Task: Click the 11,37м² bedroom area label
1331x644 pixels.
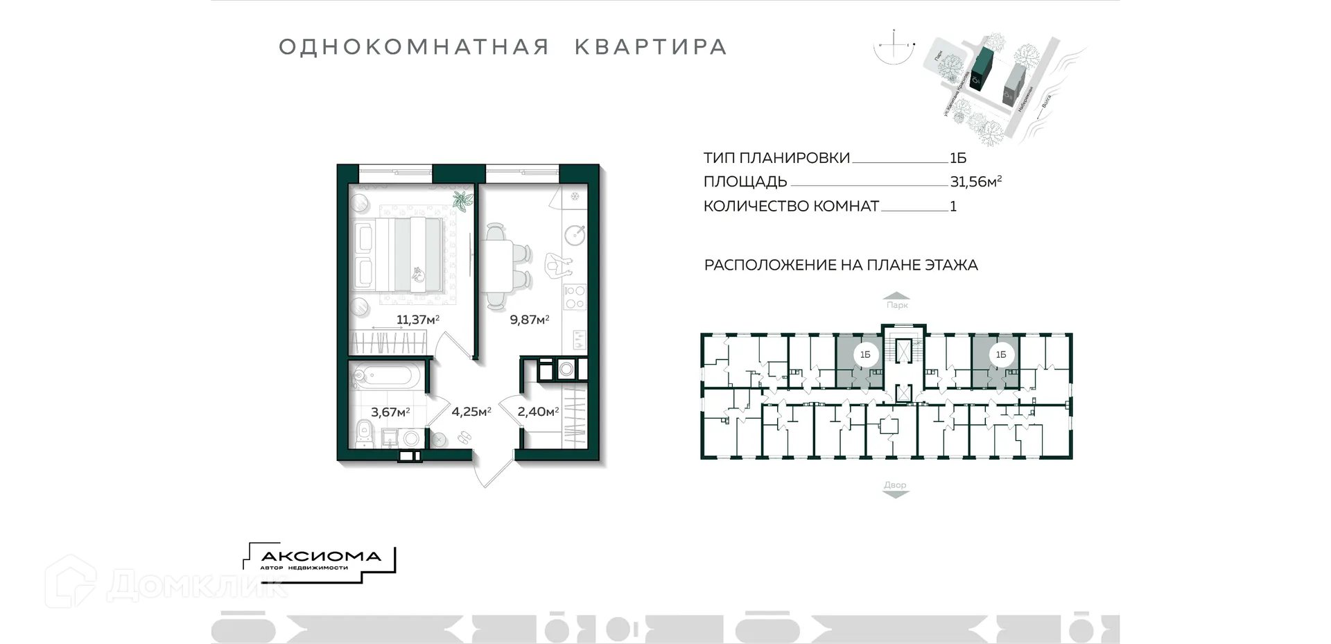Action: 417,320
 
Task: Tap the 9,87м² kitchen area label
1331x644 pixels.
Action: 529,320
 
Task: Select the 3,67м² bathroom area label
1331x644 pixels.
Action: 390,412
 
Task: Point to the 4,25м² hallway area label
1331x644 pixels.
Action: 471,412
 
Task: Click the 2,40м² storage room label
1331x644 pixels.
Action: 538,412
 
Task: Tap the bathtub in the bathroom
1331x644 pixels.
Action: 385,376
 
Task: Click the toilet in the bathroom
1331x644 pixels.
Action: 363,434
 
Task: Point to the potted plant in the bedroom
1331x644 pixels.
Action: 462,200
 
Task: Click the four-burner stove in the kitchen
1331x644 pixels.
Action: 574,297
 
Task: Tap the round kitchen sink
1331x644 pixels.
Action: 575,235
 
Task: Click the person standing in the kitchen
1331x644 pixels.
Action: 557,264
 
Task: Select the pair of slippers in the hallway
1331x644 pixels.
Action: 464,437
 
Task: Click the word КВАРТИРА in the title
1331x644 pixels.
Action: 650,47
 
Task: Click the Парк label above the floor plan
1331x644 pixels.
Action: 896,305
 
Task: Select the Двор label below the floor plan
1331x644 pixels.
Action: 895,485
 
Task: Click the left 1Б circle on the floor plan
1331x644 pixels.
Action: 865,355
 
